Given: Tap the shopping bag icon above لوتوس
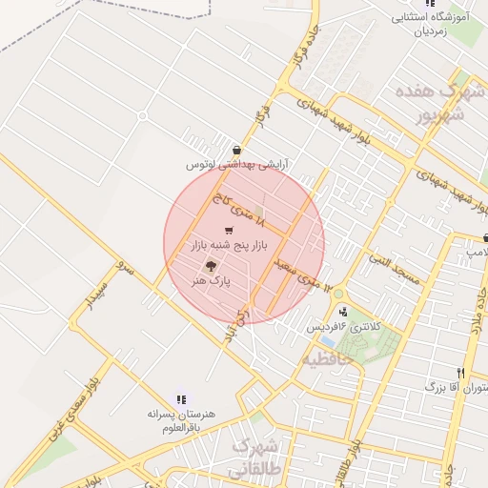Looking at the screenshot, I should pyautogui.click(x=236, y=150).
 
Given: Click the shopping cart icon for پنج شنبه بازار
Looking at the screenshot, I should pyautogui.click(x=228, y=231).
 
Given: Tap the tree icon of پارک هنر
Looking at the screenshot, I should pyautogui.click(x=211, y=267).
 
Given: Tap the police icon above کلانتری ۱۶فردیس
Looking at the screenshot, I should pyautogui.click(x=342, y=312).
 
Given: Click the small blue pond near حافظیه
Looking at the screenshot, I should pyautogui.click(x=327, y=340).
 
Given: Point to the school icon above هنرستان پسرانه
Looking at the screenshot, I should pyautogui.click(x=180, y=400).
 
